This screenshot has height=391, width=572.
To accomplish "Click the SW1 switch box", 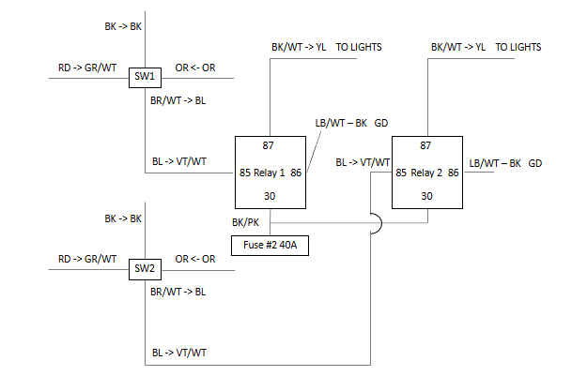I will point(146,76).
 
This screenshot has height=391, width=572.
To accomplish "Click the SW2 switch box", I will point(145,270).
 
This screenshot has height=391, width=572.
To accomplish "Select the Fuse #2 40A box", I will point(271,246).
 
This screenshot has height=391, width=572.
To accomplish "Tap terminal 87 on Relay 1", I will point(270,145).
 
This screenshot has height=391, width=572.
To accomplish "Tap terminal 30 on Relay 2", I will point(426,196).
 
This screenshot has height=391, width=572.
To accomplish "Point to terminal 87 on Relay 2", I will point(426,145).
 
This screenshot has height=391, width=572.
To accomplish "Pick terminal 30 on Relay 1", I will point(270,196).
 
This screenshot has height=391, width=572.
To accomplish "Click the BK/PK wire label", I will point(246,223).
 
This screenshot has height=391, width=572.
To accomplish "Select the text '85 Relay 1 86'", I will point(271,173).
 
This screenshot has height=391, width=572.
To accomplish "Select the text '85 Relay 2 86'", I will point(427,173).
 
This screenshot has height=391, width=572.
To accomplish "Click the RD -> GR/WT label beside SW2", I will point(86,258).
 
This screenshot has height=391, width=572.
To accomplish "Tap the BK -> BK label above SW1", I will point(123,26).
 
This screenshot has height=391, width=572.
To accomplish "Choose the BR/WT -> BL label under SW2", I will point(178,291).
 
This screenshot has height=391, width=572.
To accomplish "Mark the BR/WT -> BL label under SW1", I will point(178,99).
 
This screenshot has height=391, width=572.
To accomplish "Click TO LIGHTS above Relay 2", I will point(518,46).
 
